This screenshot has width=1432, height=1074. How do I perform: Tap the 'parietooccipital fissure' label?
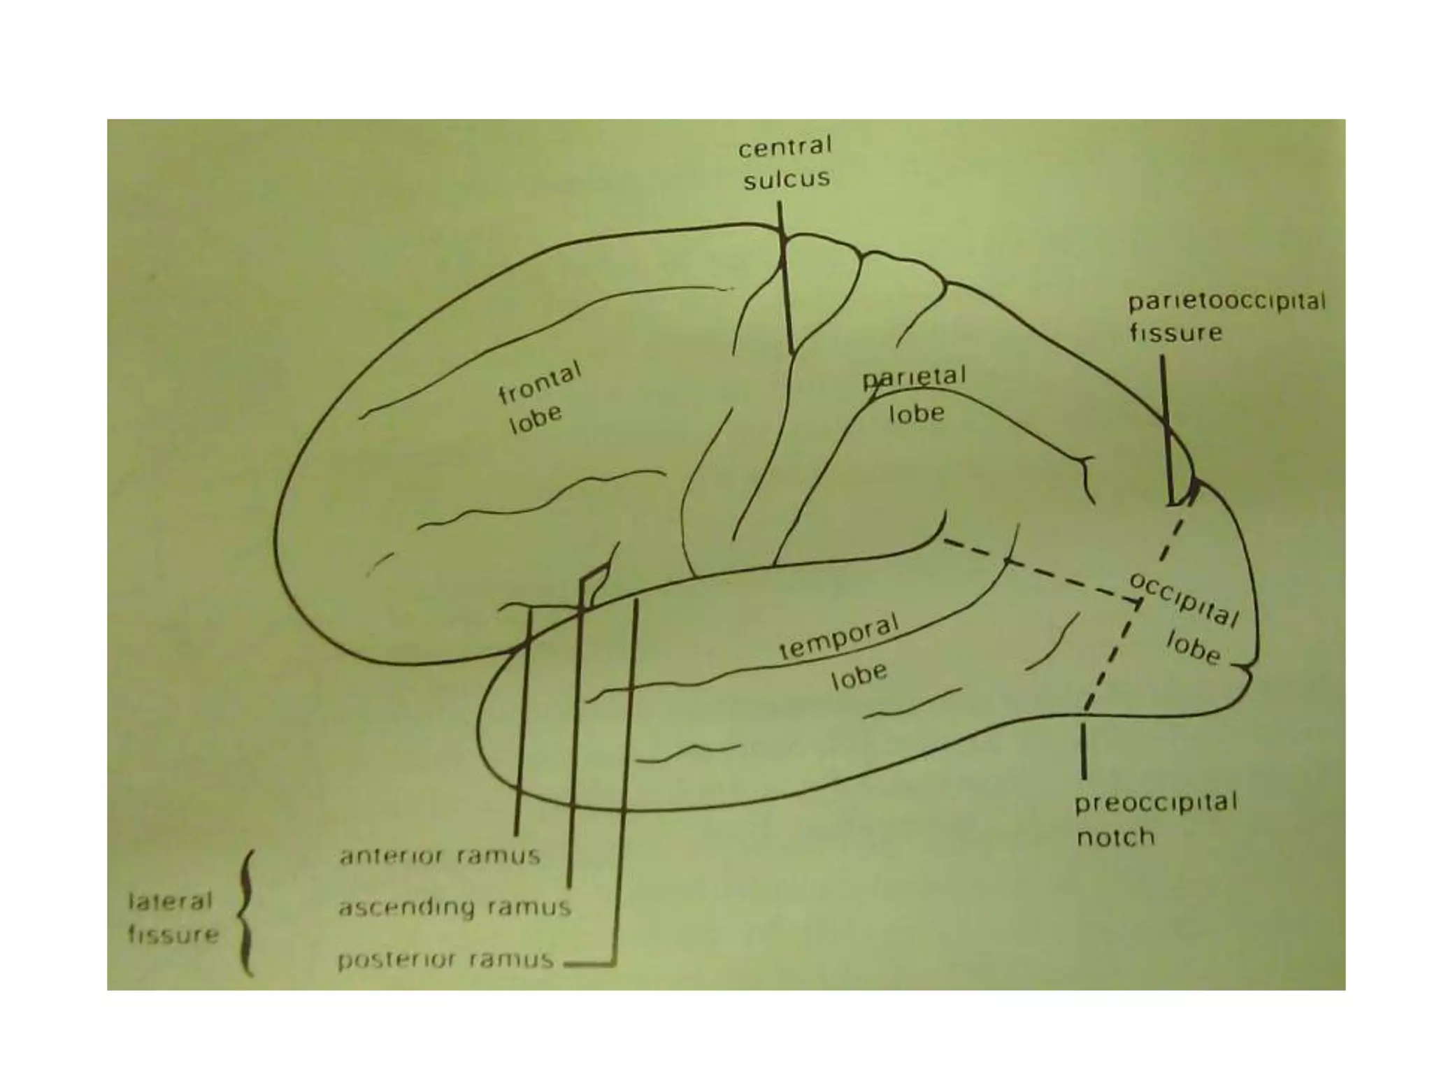1226,317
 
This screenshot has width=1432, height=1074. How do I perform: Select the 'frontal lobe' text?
538,400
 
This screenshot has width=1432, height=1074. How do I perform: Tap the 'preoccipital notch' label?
1155,819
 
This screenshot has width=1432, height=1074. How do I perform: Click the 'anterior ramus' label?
440,856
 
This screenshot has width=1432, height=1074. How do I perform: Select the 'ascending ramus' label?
454,908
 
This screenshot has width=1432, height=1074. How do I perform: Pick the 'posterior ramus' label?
445,959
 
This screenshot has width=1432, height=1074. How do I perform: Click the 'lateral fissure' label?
172,917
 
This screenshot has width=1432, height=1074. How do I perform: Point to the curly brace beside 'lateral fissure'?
246,912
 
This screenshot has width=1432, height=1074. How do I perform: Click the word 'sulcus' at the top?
787,180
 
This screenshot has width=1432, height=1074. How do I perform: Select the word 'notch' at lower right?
1115,837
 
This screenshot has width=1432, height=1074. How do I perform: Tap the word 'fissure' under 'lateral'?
173,935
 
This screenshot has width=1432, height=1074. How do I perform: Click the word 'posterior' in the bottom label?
397,960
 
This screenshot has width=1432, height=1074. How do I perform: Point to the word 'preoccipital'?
1155,802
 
